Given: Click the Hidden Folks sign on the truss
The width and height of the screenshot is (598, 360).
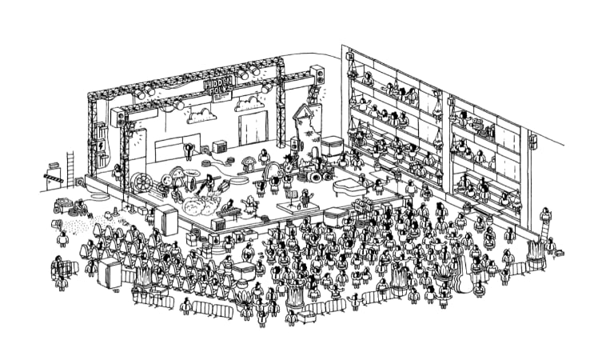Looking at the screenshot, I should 218,86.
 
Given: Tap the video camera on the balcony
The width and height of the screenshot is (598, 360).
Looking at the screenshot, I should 474,124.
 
